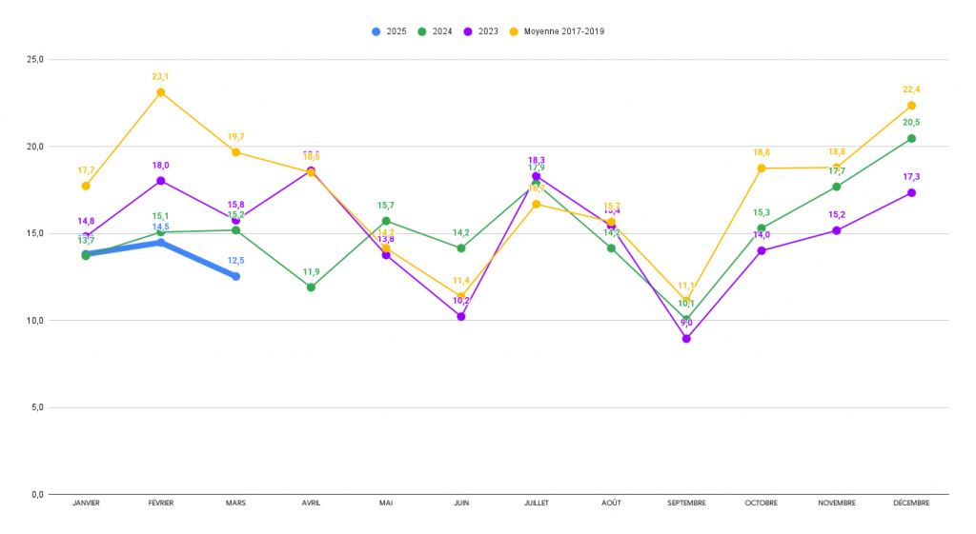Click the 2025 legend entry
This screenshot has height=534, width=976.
(x=390, y=31)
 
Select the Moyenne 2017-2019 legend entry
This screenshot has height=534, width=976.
(x=557, y=31)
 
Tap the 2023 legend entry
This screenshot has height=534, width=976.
(x=482, y=31)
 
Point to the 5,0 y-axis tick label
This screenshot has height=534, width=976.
(x=36, y=407)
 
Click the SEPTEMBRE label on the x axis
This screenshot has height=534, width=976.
(x=686, y=504)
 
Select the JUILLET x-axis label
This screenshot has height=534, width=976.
(x=536, y=504)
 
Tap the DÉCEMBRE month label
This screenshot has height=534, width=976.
(x=911, y=504)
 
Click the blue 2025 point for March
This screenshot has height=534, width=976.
(x=235, y=276)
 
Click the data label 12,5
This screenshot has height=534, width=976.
(x=235, y=261)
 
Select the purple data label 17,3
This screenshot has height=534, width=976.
(x=911, y=177)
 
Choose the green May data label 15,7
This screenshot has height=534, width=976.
(x=386, y=206)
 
